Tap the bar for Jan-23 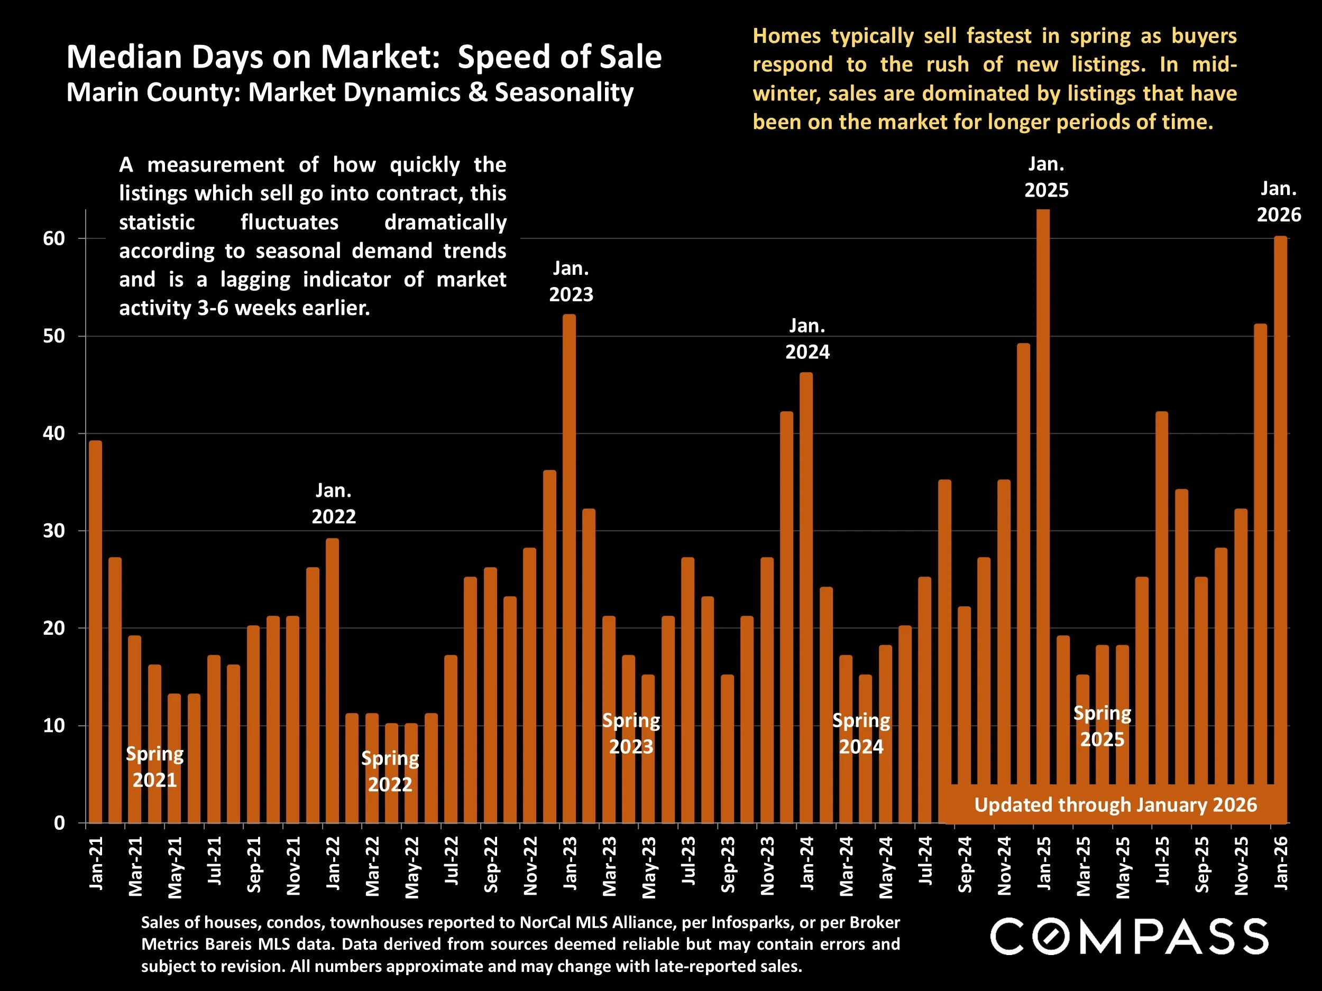pos(569,568)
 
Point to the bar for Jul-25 pos(1161,597)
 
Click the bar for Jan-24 pos(806,597)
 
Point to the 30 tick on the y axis pos(54,531)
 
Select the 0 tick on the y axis pos(59,823)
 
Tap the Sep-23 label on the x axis pos(727,864)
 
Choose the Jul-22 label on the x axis pos(451,860)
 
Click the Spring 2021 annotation pos(155,767)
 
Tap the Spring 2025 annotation pos(1102,726)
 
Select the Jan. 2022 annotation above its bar pos(334,504)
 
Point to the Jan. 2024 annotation pos(807,339)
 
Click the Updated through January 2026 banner pos(1115,804)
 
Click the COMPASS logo pos(1129,937)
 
